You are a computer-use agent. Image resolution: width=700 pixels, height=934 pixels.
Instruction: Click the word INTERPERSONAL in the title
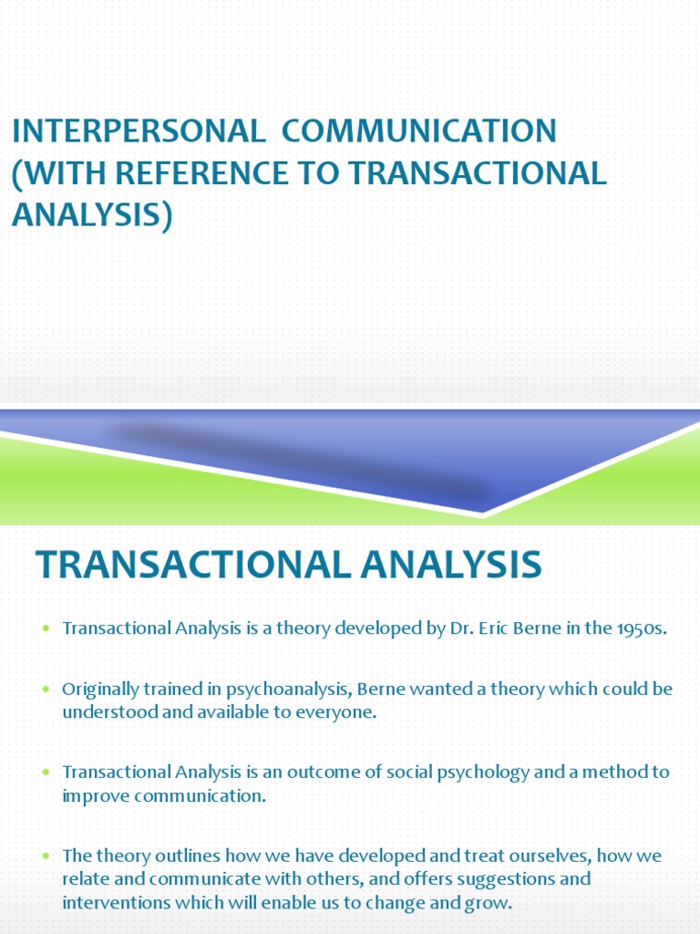(137, 131)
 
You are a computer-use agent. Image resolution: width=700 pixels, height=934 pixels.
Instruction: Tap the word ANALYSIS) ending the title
(92, 215)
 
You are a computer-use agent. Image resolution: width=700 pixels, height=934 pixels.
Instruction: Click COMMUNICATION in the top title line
(418, 131)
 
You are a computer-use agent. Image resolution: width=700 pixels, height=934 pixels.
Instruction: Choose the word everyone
(335, 712)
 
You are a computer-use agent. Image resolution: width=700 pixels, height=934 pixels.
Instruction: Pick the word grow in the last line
(494, 903)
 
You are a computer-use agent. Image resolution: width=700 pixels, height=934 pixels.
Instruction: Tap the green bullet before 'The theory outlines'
(46, 857)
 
